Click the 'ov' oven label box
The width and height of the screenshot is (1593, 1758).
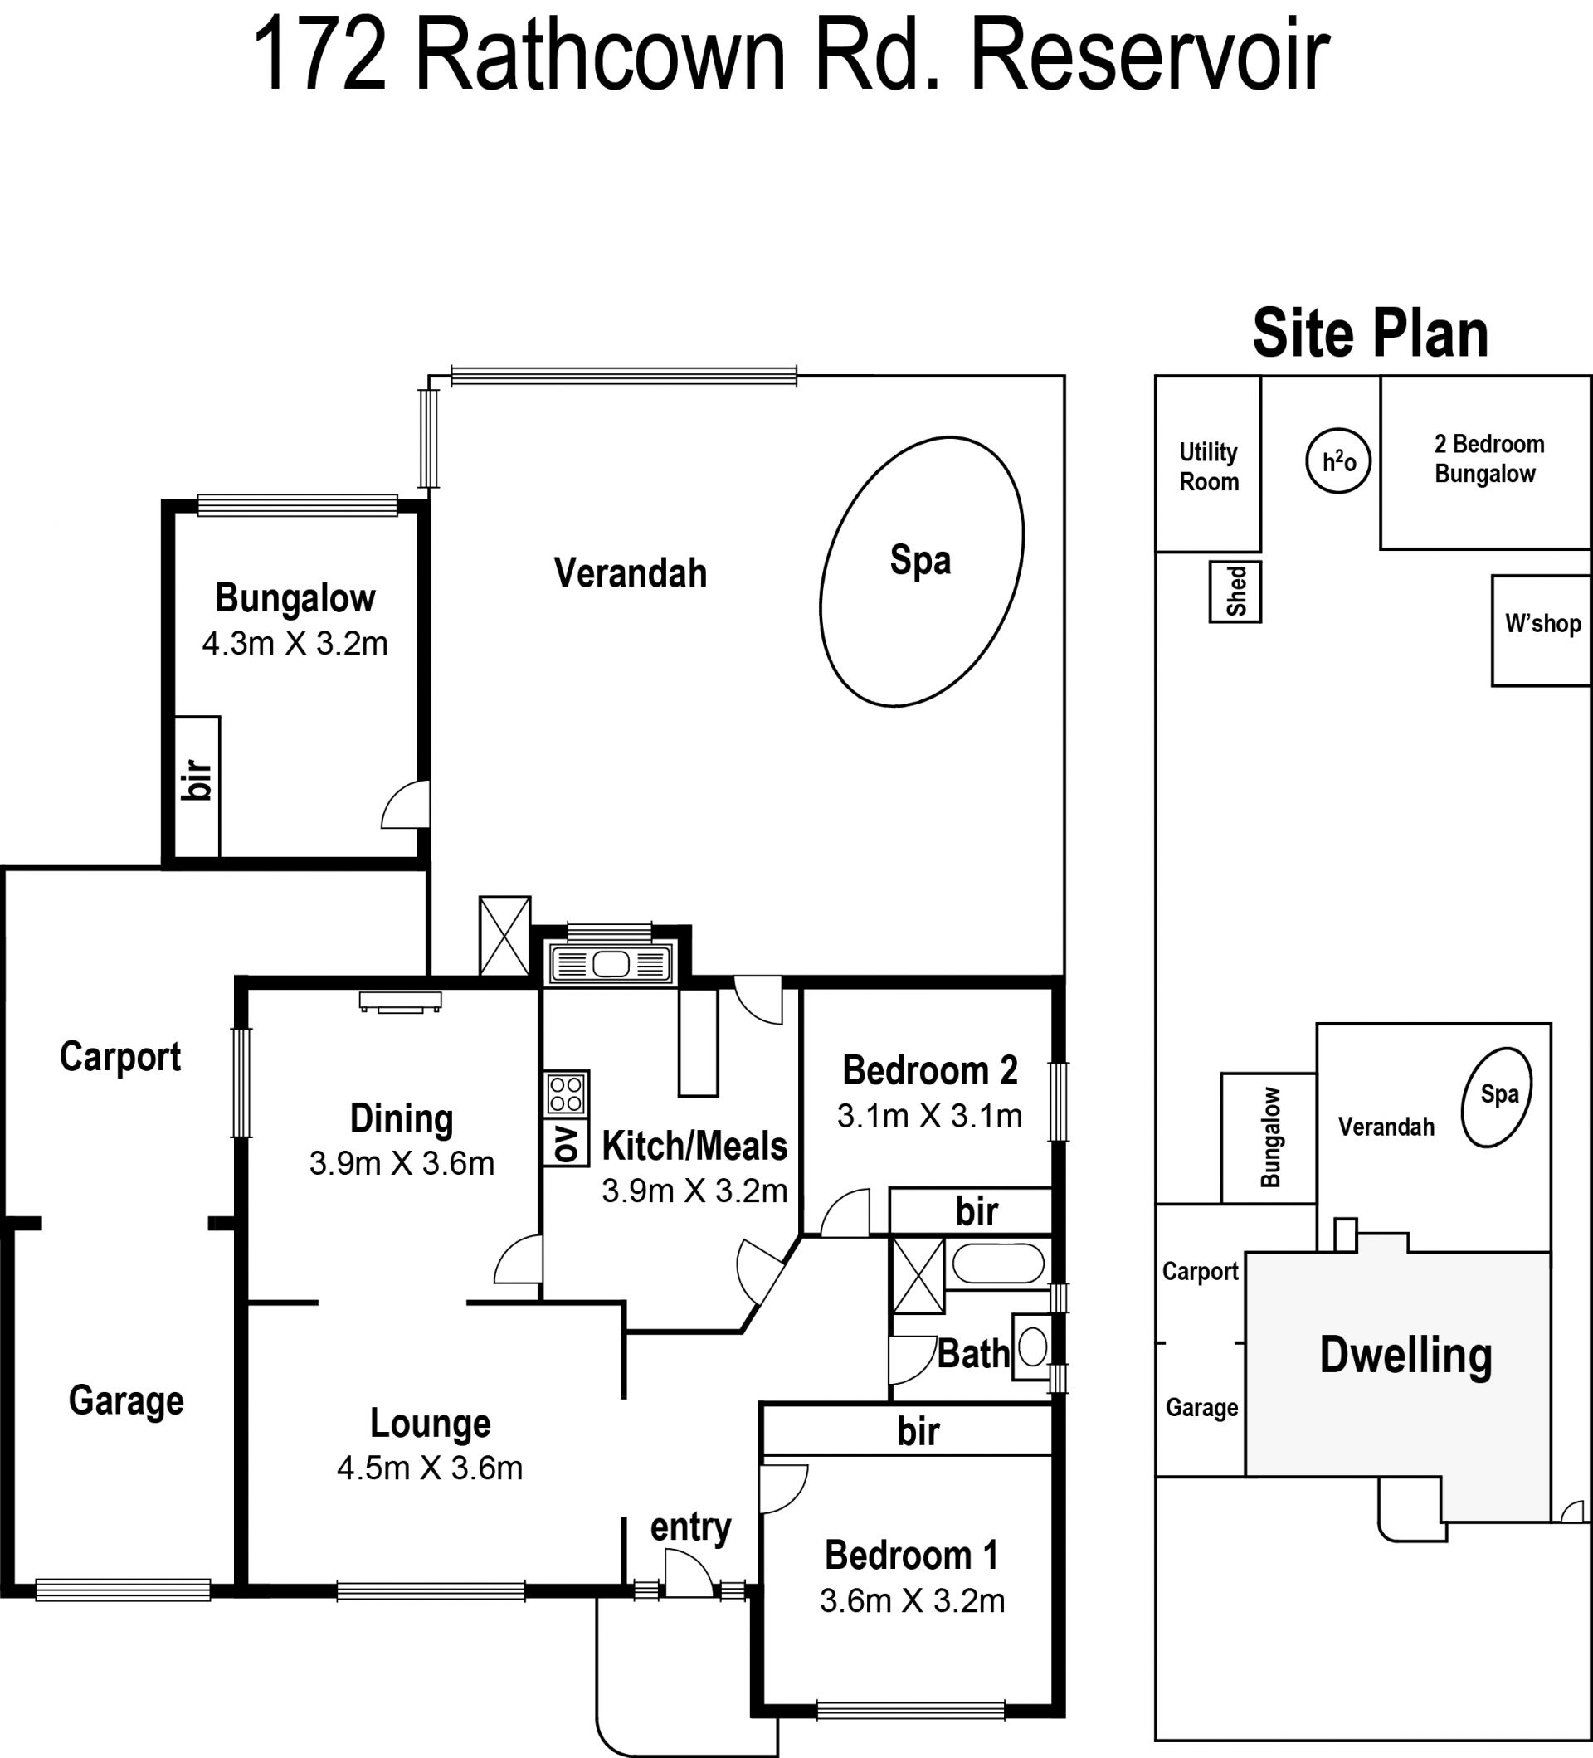pos(566,1143)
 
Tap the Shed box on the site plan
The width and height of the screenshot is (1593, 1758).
pos(1235,592)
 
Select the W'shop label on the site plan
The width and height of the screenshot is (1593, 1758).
pos(1542,624)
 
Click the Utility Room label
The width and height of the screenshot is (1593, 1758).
pos(1209,466)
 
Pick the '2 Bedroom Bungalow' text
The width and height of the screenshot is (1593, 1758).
pos(1488,459)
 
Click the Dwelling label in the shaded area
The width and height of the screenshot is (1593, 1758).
pos(1405,1355)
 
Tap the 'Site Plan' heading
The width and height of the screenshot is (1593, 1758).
pos(1370,334)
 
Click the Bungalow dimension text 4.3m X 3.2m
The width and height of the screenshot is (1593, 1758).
pos(295,644)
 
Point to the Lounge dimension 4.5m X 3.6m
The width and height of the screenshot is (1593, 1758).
pos(430,1468)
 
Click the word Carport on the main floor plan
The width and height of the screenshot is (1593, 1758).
pos(120,1058)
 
